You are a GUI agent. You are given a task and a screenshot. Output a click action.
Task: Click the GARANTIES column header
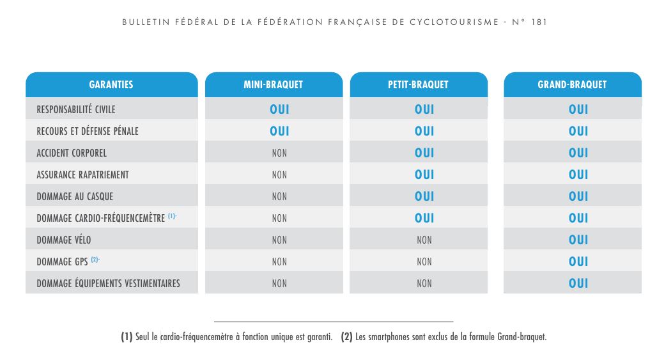111,84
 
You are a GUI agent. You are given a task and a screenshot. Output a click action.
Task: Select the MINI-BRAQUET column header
273,84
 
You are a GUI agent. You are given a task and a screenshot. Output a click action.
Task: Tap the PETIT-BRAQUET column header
418,84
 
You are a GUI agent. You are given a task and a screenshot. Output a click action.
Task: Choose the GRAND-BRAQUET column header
572,84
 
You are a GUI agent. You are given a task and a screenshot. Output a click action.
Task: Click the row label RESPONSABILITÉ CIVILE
76,109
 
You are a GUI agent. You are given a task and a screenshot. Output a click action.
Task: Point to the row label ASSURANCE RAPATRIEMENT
82,175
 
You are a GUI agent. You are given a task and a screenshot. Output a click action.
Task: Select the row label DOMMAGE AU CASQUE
75,196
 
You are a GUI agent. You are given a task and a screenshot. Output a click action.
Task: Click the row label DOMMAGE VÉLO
64,240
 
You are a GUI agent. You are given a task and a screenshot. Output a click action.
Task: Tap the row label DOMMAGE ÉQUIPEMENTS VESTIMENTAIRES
108,283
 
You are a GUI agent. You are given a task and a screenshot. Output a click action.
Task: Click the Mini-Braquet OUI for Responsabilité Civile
279,109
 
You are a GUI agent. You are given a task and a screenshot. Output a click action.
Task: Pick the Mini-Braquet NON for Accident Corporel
279,153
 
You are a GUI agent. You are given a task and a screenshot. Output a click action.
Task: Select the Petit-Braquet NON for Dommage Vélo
424,240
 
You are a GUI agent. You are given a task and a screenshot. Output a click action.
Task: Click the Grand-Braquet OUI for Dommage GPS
578,262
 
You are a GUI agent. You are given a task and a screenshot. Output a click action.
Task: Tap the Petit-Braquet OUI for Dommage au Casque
424,196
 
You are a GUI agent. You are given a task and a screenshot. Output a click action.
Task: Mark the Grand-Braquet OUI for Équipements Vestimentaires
578,283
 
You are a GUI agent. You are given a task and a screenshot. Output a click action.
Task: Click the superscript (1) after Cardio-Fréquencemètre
172,216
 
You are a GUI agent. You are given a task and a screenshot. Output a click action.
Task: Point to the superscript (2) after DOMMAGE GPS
95,260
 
